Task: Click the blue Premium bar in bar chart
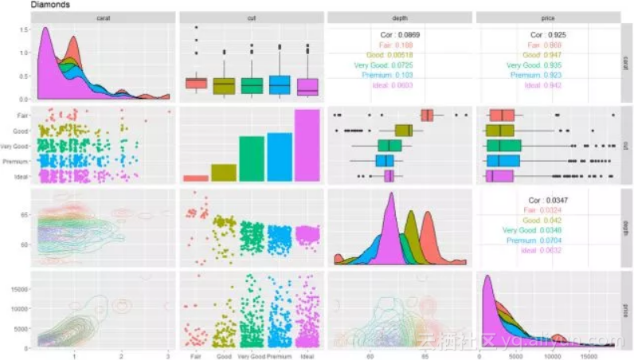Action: pos(279,157)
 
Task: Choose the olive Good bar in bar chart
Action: pos(223,173)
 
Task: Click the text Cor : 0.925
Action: pos(548,35)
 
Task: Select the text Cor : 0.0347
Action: pos(548,200)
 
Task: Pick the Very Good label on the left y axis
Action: pos(16,147)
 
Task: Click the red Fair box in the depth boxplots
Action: pos(427,115)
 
